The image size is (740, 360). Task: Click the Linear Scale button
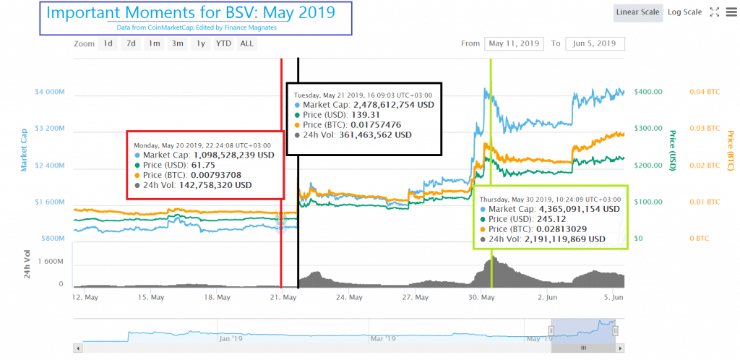pyautogui.click(x=637, y=12)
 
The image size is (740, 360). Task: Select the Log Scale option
pyautogui.click(x=684, y=12)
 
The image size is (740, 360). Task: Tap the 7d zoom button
pyautogui.click(x=131, y=43)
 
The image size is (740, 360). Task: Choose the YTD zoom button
pyautogui.click(x=223, y=43)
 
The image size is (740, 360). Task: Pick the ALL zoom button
pyautogui.click(x=246, y=43)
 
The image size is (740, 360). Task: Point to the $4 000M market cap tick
pyautogui.click(x=50, y=93)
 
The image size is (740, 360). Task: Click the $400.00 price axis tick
pyautogui.click(x=649, y=93)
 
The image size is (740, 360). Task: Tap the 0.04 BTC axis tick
pyautogui.click(x=705, y=93)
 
